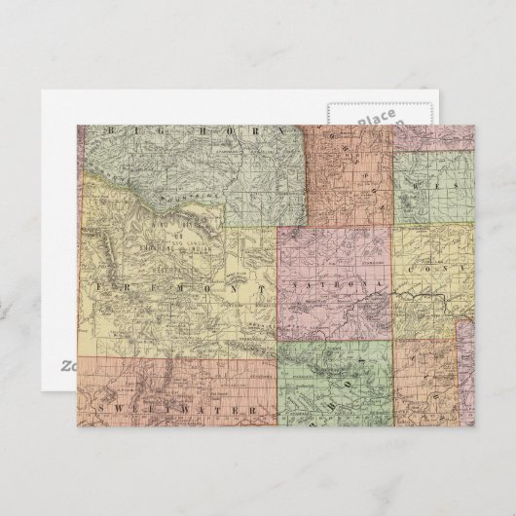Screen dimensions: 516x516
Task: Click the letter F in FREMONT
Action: [102, 287]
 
